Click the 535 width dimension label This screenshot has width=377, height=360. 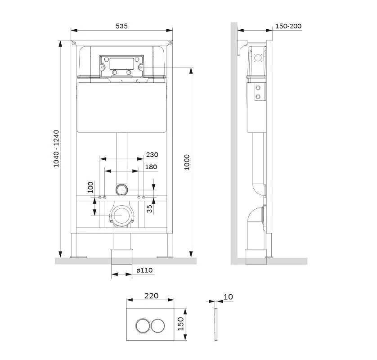click(121, 26)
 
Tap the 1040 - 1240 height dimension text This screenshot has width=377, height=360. click(56, 148)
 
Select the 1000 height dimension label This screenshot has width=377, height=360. click(187, 162)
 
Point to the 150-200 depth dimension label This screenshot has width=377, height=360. click(288, 26)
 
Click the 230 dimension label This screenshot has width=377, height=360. click(152, 155)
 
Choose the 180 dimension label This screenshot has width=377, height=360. click(151, 167)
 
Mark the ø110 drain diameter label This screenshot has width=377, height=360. click(144, 270)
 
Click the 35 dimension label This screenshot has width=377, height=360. click(149, 208)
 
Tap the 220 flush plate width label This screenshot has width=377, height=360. click(152, 296)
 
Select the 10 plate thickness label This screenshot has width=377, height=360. click(228, 297)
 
